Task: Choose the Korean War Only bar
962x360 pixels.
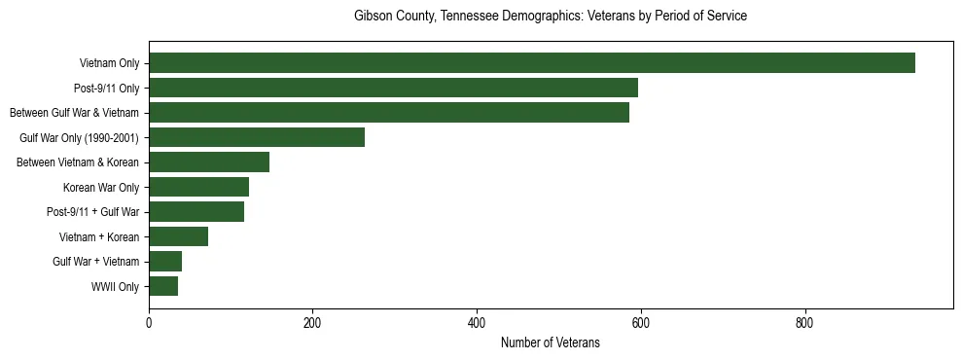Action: point(198,187)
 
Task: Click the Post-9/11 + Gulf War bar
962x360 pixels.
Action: point(196,212)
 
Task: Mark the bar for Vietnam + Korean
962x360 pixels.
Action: point(178,236)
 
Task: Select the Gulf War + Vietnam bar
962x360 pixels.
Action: point(165,262)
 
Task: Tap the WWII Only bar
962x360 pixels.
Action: point(163,286)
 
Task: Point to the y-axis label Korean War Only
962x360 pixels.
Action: point(101,188)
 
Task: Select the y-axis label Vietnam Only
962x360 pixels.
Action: point(109,64)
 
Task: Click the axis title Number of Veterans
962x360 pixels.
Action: point(550,342)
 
